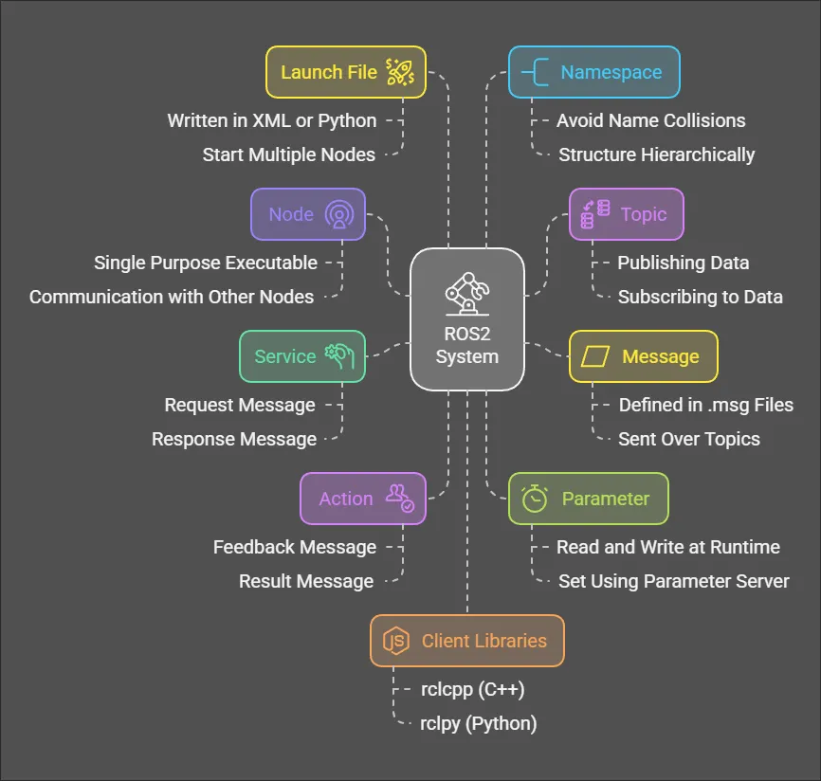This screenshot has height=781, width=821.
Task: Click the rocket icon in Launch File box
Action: tap(399, 72)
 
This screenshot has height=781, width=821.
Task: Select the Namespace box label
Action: tap(611, 72)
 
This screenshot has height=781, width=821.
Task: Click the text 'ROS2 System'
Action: tap(467, 345)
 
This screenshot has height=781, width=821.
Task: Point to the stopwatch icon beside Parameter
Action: tap(536, 499)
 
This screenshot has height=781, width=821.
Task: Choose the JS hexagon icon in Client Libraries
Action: tap(396, 641)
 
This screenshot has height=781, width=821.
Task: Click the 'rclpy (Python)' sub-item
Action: tap(478, 723)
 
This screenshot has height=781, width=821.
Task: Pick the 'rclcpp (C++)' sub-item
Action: tap(472, 689)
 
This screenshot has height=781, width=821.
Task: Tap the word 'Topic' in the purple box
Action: tap(644, 214)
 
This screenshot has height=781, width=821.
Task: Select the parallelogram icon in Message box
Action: tap(595, 356)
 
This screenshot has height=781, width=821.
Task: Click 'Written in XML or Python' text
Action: tap(272, 120)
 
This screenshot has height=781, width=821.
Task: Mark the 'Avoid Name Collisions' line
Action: tap(650, 120)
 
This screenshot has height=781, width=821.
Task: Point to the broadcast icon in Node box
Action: tap(338, 214)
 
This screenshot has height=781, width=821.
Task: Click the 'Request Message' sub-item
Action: tap(240, 405)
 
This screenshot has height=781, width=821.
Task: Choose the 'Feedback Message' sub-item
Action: tap(295, 547)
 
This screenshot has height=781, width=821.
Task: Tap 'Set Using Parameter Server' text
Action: tap(673, 581)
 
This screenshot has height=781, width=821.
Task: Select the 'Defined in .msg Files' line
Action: tap(705, 405)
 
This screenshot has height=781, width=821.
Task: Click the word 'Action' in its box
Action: tap(346, 499)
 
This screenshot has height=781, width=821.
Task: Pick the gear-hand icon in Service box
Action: tap(338, 355)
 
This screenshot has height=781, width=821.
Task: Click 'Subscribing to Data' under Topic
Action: tap(700, 297)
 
